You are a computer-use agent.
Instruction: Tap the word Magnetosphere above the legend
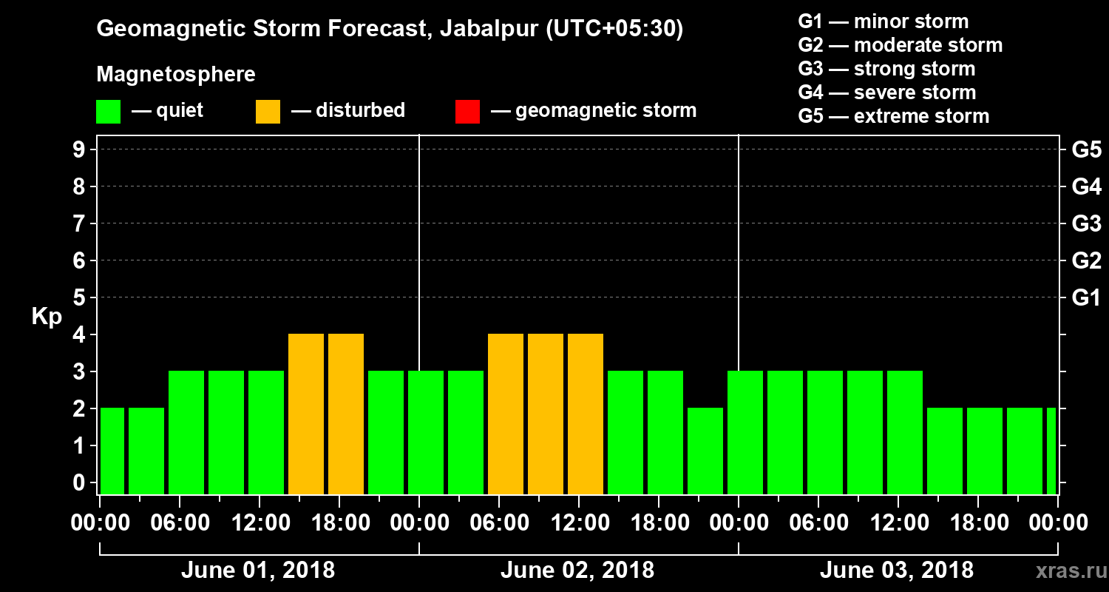click(x=176, y=75)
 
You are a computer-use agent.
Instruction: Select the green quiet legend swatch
click(x=108, y=112)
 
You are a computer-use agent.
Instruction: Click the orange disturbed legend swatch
click(x=268, y=112)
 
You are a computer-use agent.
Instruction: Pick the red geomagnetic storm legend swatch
click(x=467, y=112)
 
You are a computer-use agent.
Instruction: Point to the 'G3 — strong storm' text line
click(x=886, y=69)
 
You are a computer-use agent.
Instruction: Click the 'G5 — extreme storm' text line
click(x=893, y=116)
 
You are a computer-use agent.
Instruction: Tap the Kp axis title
click(x=47, y=317)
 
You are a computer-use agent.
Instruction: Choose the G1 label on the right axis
click(x=1086, y=298)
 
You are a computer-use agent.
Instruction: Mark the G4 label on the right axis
click(x=1086, y=187)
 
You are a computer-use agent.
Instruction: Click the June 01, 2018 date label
click(x=257, y=571)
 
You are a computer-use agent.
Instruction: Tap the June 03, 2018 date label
click(x=896, y=571)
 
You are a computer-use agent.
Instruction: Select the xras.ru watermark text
click(x=1065, y=571)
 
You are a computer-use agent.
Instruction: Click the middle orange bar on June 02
click(x=546, y=414)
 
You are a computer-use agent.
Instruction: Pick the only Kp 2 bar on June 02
click(x=705, y=451)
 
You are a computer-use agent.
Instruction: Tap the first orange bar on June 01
click(x=306, y=414)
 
